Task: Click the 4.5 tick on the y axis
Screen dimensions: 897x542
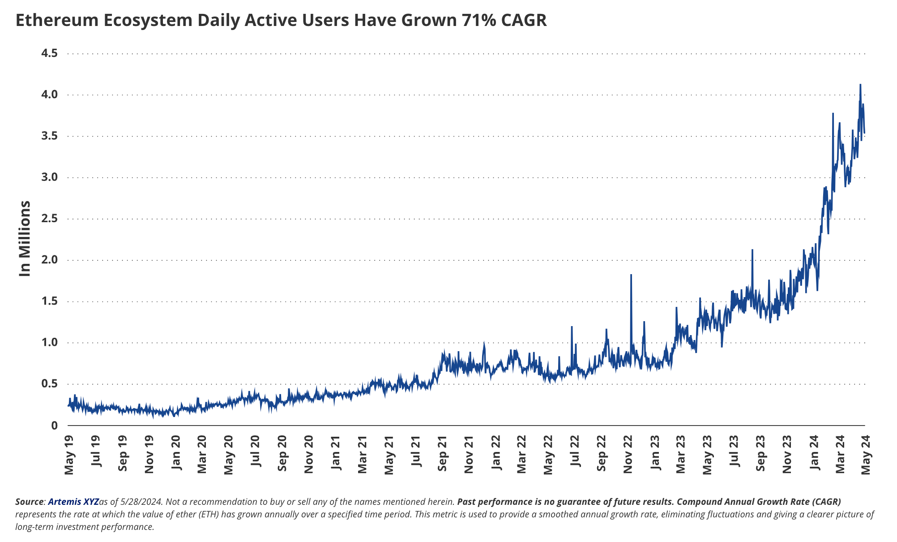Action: tap(49, 53)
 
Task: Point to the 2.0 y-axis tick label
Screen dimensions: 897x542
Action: tap(49, 260)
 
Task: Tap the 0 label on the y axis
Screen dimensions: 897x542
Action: tap(55, 425)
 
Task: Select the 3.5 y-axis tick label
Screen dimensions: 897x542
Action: tap(49, 136)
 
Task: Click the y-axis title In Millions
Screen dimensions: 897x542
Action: tap(25, 238)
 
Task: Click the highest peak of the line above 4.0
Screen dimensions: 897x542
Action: tap(860, 85)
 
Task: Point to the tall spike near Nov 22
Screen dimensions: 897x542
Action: tap(631, 275)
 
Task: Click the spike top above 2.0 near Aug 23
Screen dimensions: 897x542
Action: tap(752, 250)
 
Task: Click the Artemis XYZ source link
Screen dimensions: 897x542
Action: tap(73, 501)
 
